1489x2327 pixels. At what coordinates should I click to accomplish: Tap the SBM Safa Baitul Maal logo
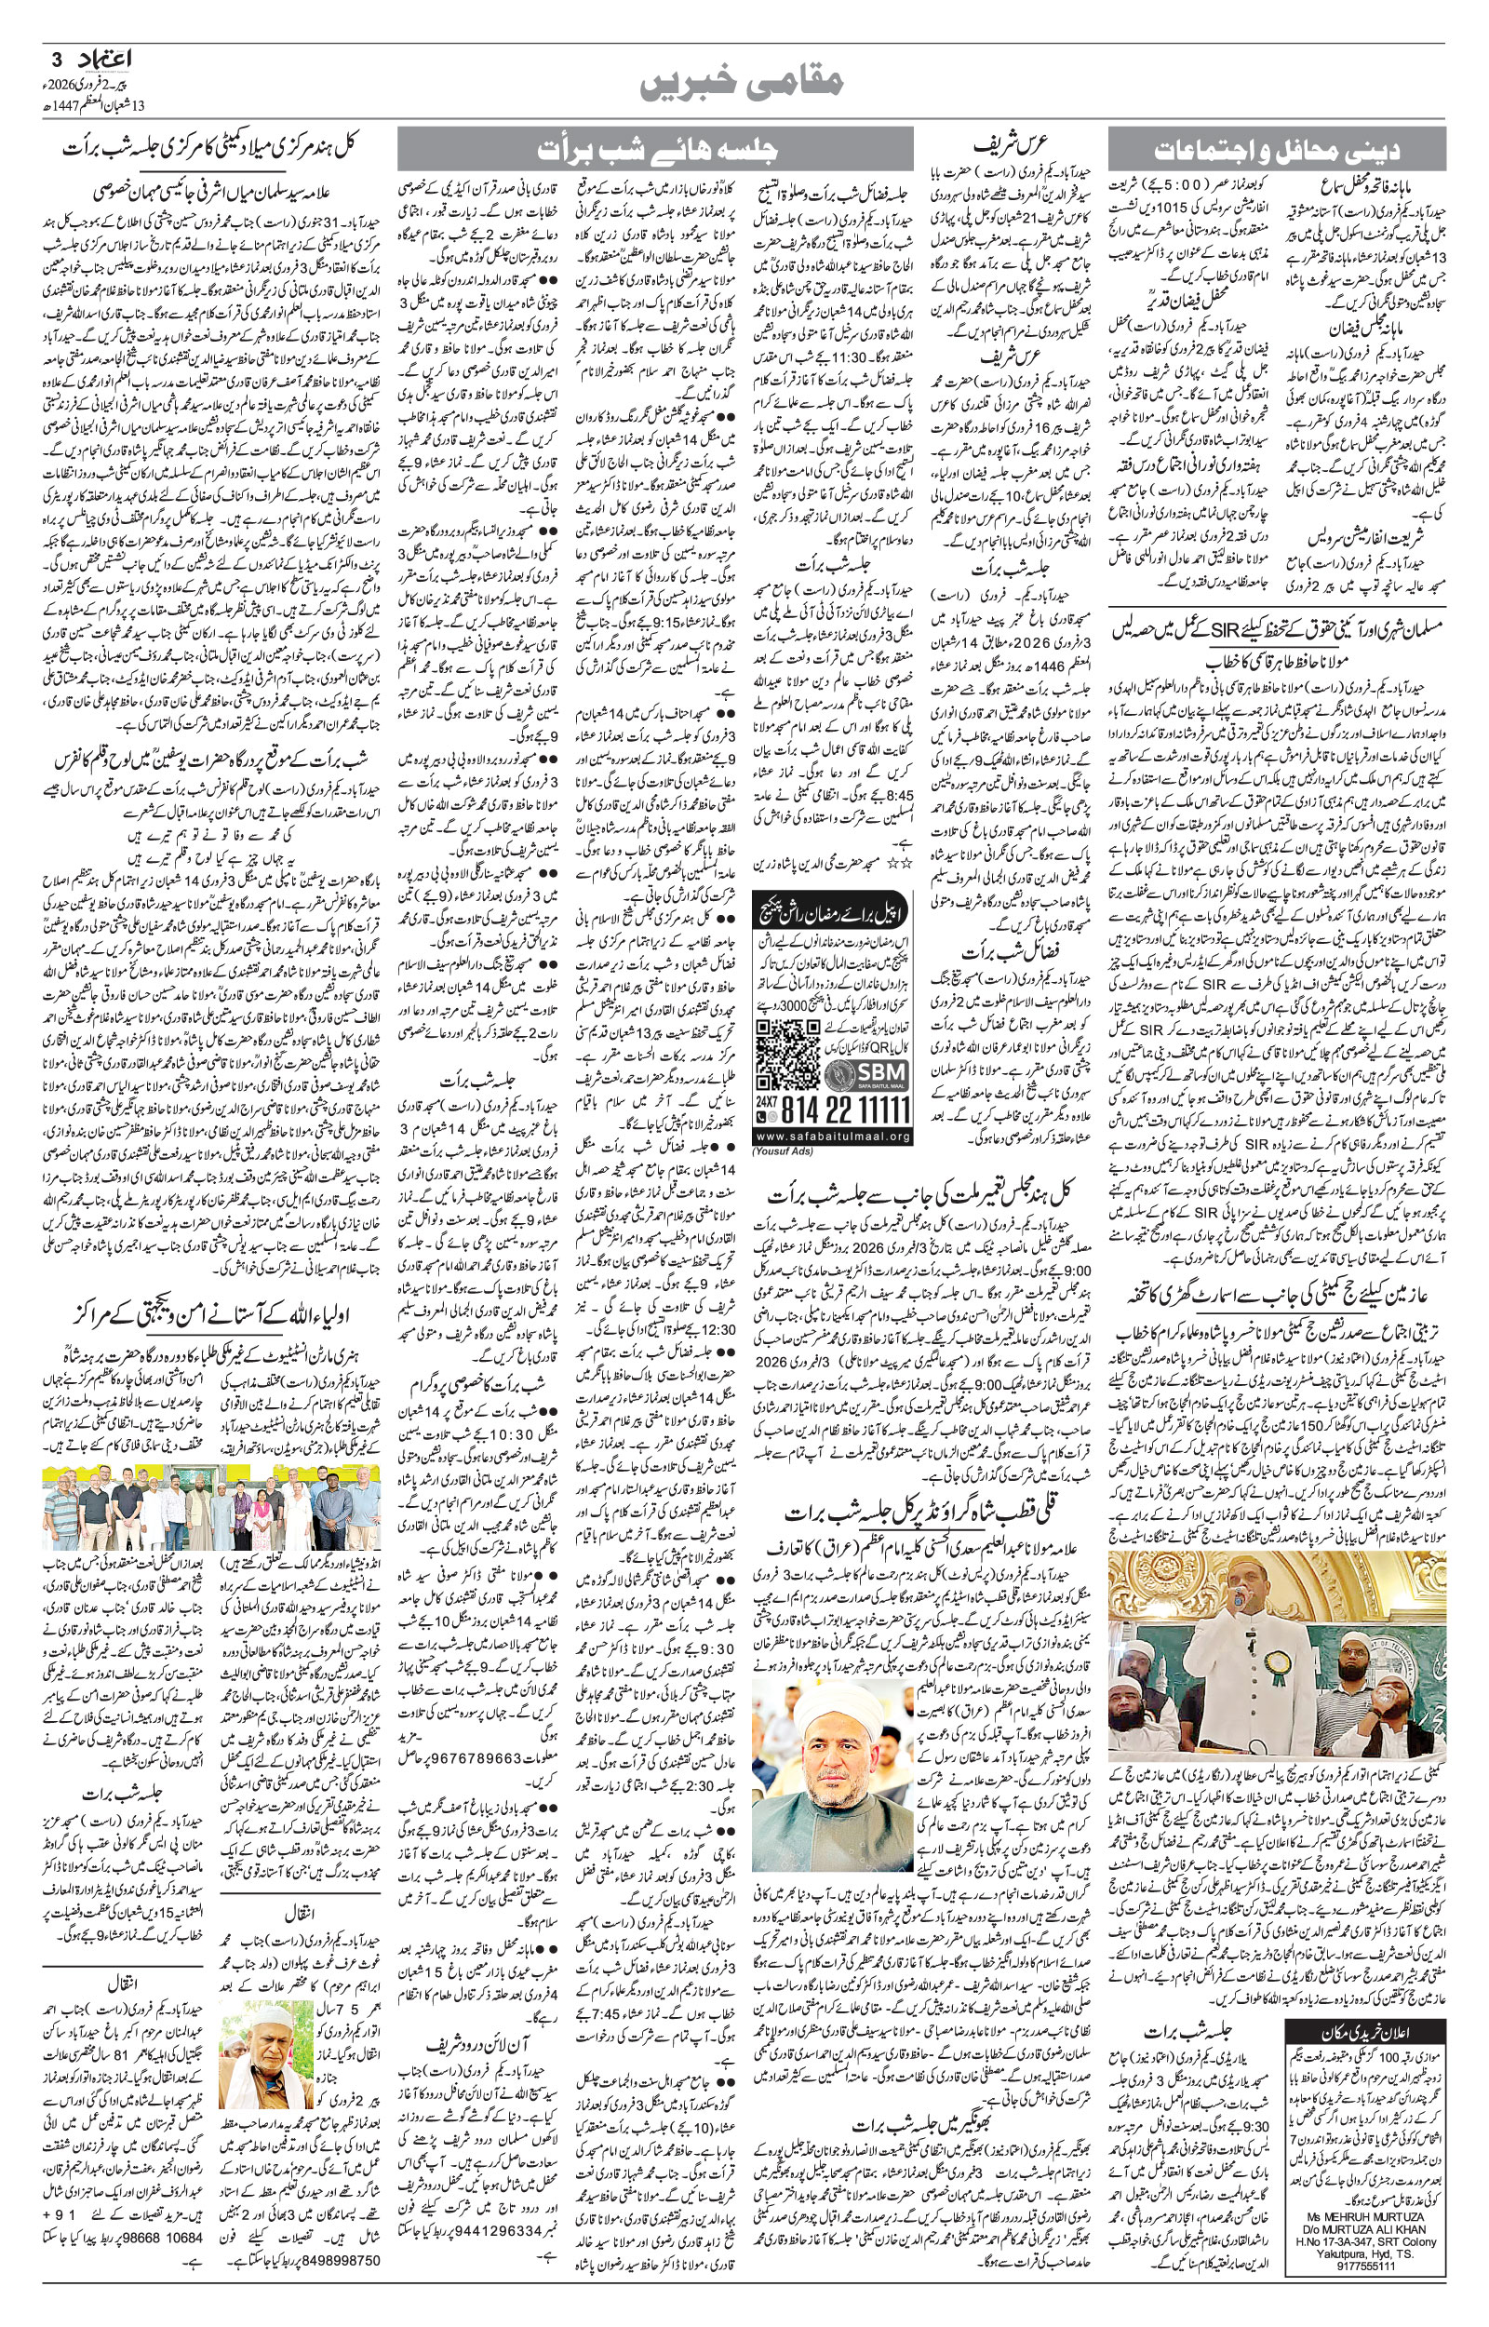[x=866, y=1075]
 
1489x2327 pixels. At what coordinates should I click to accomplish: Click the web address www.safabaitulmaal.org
[x=833, y=1136]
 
